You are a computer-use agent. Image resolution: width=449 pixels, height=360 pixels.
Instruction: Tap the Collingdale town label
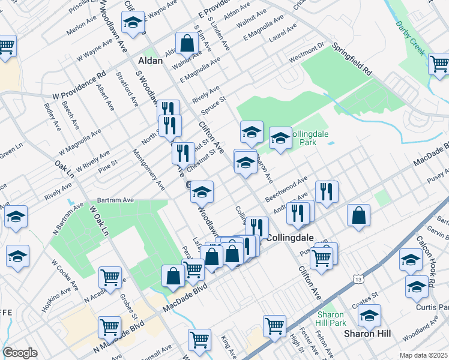pyautogui.click(x=290, y=238)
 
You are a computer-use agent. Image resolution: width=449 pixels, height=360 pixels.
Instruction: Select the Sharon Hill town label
pyautogui.click(x=363, y=333)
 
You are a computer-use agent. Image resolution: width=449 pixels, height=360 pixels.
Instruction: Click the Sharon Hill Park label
pyautogui.click(x=331, y=319)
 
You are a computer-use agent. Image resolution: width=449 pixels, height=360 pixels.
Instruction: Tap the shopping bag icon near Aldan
pyautogui.click(x=187, y=43)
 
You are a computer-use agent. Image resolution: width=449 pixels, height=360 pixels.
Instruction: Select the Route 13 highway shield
pyautogui.click(x=358, y=280)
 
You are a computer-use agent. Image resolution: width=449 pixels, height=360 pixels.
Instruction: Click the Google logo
pyautogui.click(x=20, y=353)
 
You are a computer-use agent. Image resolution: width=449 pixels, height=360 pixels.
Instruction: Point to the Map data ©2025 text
pyautogui.click(x=424, y=355)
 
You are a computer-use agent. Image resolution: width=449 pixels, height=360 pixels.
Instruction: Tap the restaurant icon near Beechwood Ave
pyautogui.click(x=327, y=191)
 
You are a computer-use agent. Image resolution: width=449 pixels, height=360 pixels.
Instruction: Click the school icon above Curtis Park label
pyautogui.click(x=416, y=286)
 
